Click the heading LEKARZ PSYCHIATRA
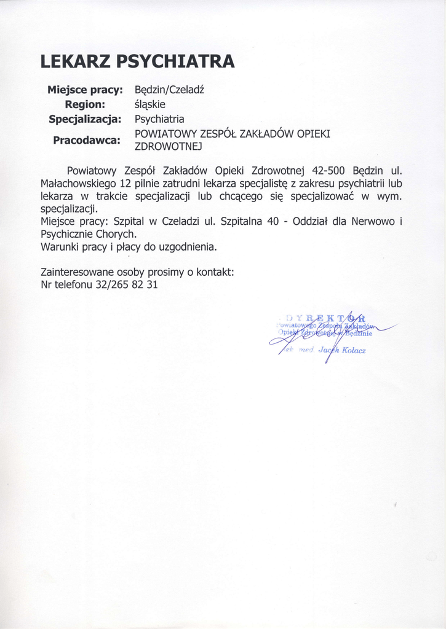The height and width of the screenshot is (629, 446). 137,61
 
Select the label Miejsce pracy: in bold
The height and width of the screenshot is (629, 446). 86,90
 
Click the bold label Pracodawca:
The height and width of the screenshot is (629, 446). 87,141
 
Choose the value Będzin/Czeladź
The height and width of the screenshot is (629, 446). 169,90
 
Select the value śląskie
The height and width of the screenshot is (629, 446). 150,104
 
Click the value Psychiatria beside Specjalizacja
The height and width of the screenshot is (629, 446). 159,119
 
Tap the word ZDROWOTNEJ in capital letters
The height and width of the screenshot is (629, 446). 168,147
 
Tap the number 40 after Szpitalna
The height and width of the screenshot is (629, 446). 273,221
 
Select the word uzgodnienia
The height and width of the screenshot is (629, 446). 186,247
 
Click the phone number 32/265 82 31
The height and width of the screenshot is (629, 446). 127,285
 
